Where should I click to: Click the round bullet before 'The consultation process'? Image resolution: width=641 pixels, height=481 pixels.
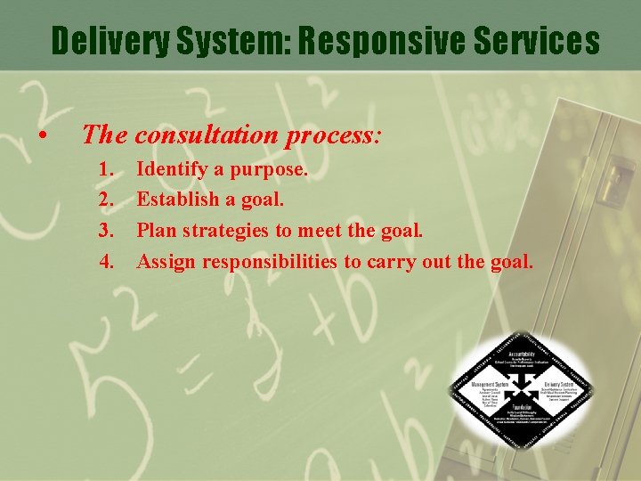(42, 137)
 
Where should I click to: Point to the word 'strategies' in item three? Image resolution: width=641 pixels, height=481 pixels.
(226, 232)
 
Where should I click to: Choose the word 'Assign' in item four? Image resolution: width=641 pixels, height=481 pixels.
(167, 262)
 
